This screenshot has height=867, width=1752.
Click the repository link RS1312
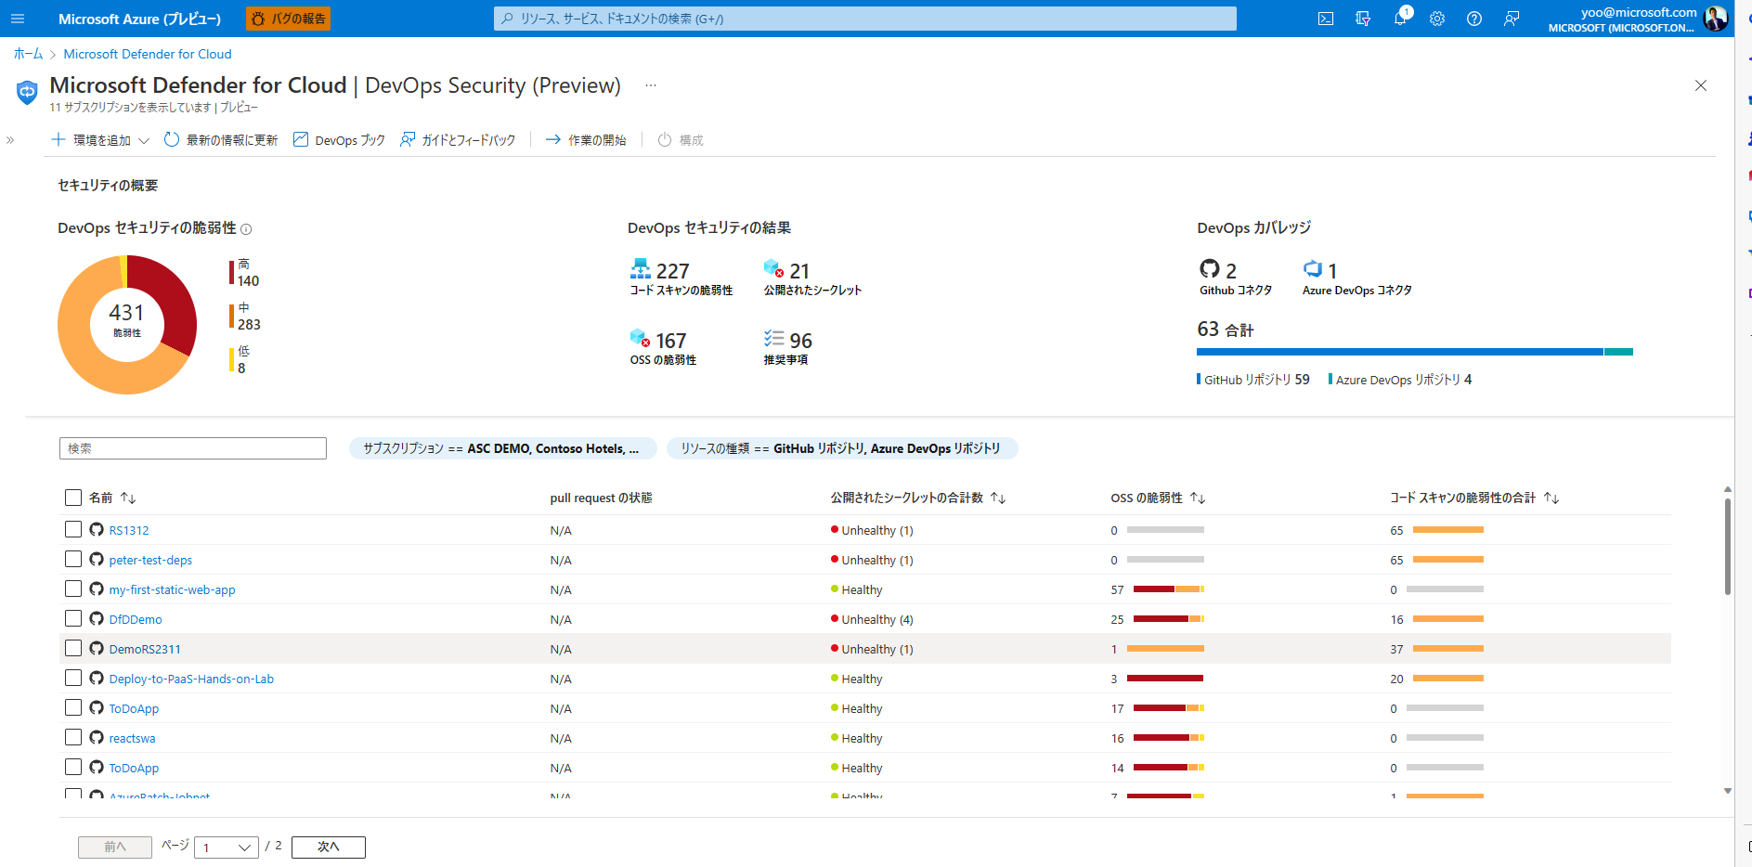click(129, 531)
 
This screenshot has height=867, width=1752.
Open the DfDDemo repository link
click(136, 620)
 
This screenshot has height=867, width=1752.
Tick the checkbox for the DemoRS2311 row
click(73, 648)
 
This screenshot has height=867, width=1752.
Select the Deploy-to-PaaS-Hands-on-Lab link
click(191, 679)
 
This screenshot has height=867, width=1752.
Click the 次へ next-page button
click(328, 847)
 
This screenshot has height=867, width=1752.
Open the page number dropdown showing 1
click(227, 847)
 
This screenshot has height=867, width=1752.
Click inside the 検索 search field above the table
click(193, 448)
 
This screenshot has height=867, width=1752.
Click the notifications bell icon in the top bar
click(1399, 19)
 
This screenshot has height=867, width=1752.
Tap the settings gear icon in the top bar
click(1437, 19)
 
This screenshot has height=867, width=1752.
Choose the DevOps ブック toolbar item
click(339, 140)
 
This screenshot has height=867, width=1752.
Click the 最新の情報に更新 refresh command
click(221, 140)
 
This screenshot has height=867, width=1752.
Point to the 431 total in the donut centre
click(127, 314)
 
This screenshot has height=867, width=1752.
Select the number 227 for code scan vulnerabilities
click(672, 271)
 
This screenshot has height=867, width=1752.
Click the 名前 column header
click(101, 498)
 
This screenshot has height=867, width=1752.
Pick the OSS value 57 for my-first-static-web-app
click(1117, 590)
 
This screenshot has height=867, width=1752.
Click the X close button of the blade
click(1701, 85)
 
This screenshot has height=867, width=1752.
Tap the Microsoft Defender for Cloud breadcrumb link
click(148, 54)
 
